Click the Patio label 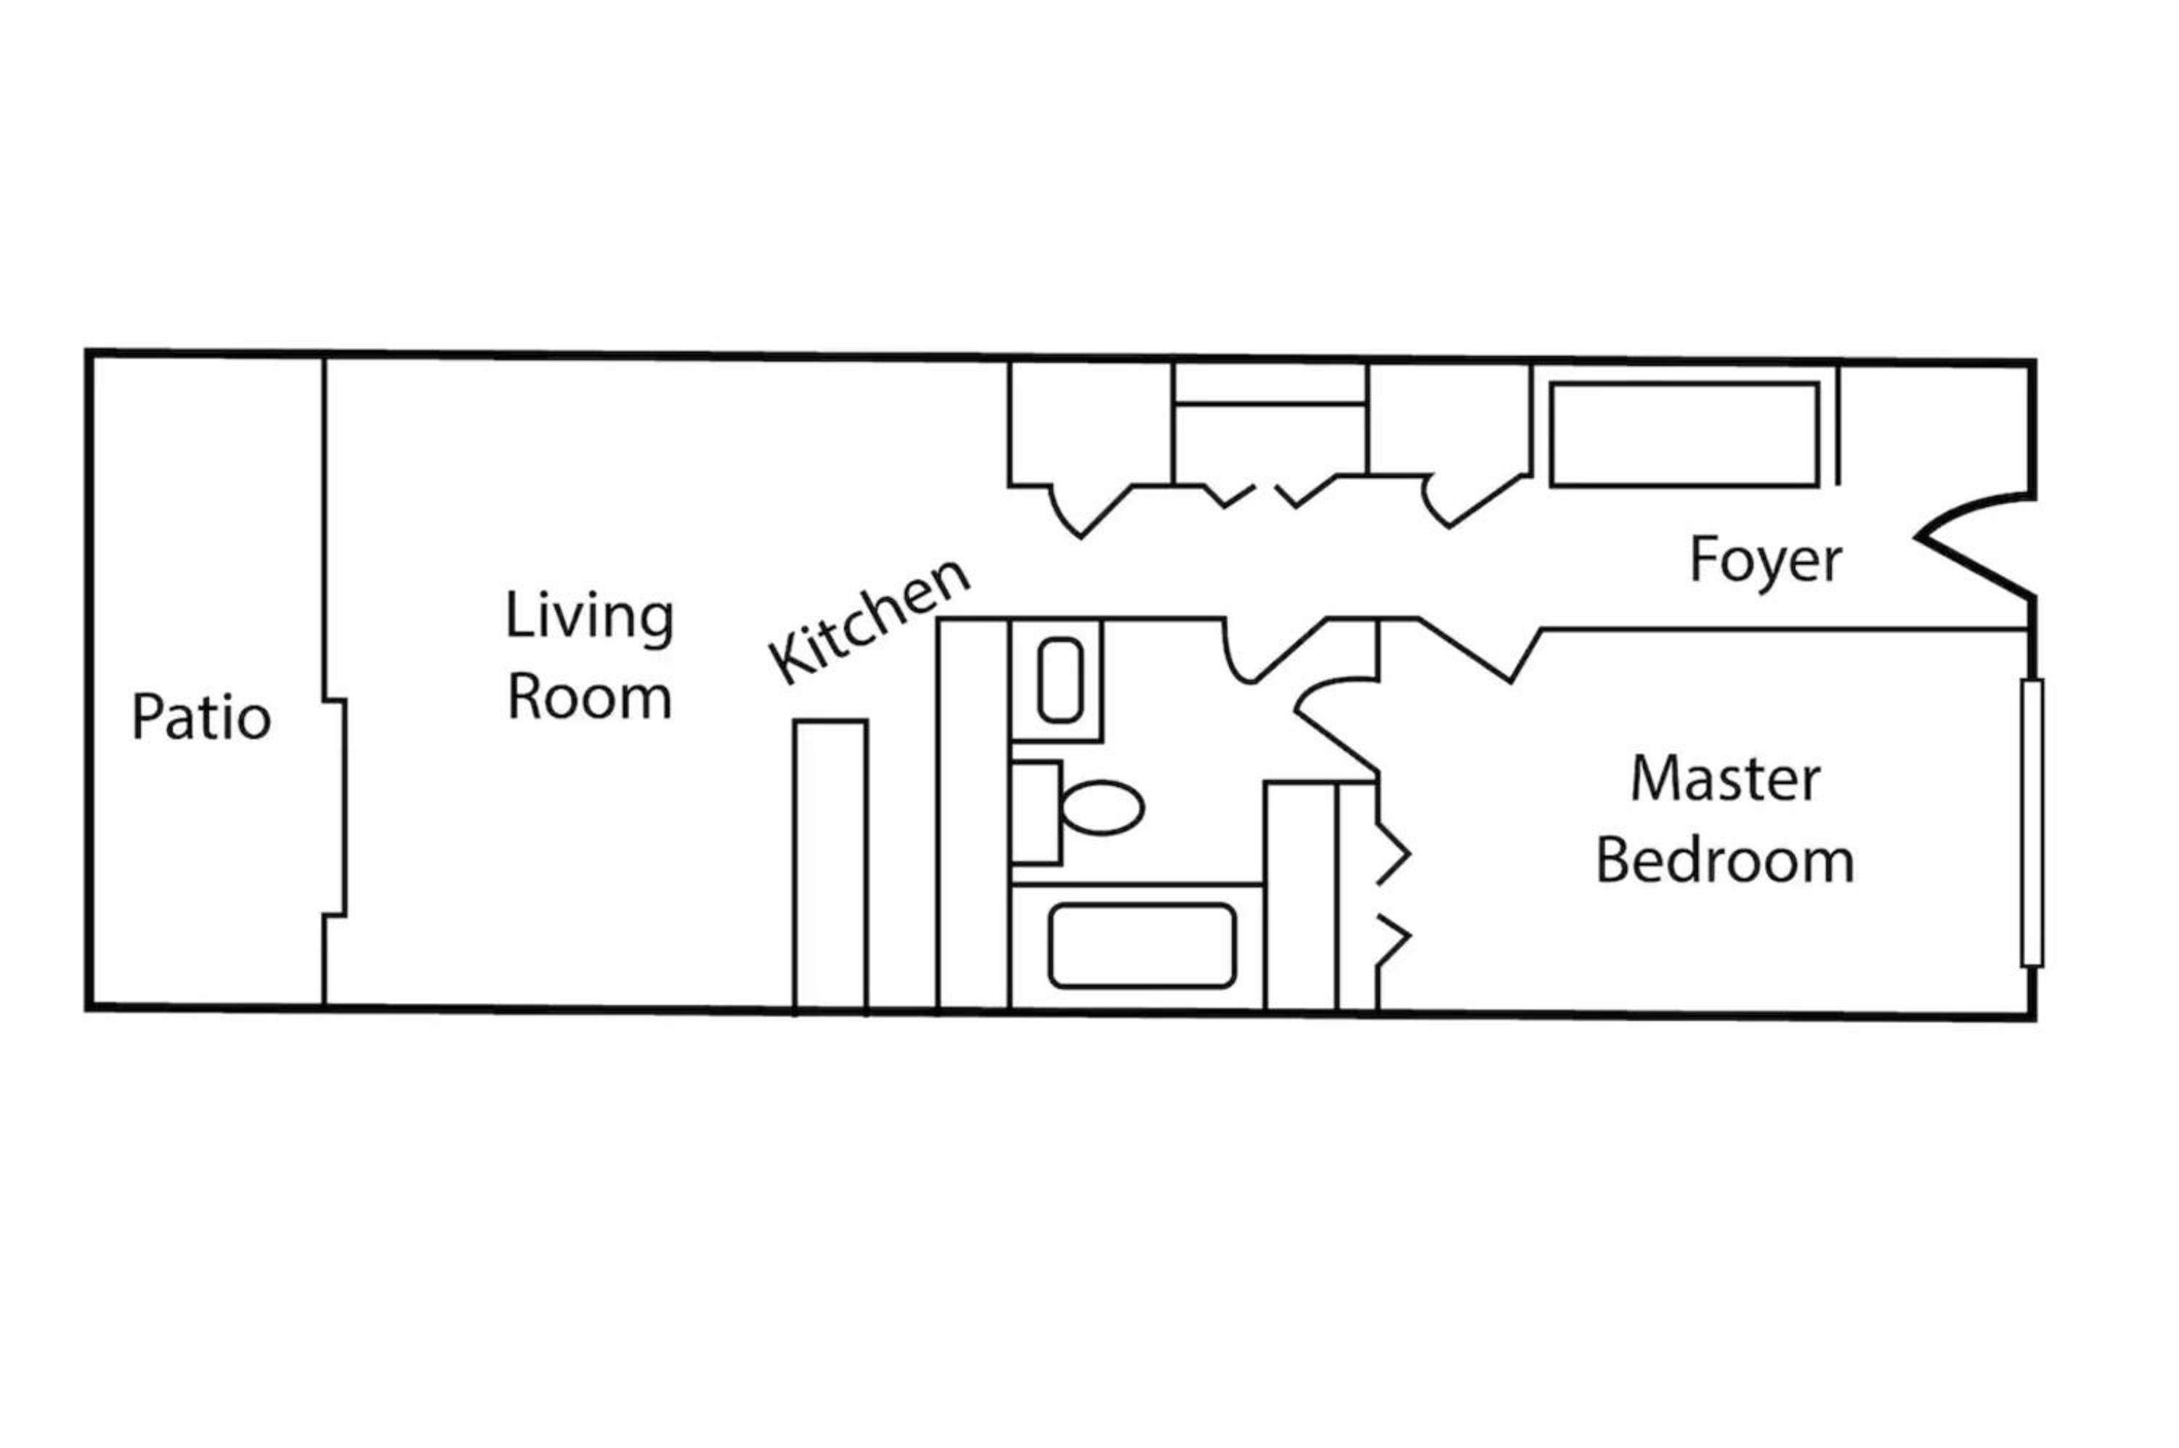(x=201, y=717)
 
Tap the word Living (x=589, y=616)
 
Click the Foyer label (x=1765, y=560)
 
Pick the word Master (x=1726, y=778)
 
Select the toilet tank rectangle (x=1036, y=813)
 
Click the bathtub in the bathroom (x=1142, y=945)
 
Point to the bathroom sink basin (x=1060, y=680)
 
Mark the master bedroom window (x=2032, y=823)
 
